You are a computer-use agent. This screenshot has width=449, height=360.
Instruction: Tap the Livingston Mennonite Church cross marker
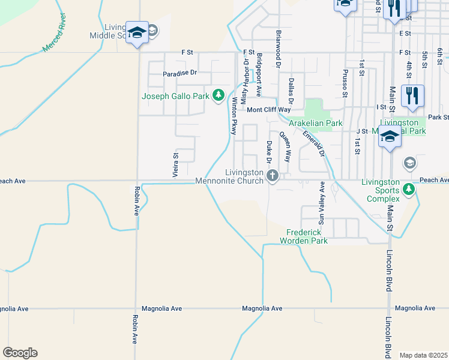(272, 176)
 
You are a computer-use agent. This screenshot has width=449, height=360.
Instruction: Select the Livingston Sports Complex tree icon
(409, 190)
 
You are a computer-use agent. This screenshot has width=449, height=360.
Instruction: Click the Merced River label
(55, 38)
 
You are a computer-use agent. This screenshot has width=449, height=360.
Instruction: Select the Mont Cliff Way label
(269, 110)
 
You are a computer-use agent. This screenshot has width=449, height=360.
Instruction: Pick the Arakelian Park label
(316, 123)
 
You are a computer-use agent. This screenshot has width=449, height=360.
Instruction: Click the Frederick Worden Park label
(307, 236)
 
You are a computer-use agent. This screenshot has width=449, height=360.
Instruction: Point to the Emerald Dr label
(318, 143)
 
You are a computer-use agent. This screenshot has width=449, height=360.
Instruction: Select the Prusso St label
(345, 82)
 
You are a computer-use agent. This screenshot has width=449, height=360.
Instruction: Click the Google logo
(20, 353)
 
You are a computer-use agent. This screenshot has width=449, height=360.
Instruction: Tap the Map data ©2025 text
(423, 355)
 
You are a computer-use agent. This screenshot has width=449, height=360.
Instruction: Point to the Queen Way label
(287, 148)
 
